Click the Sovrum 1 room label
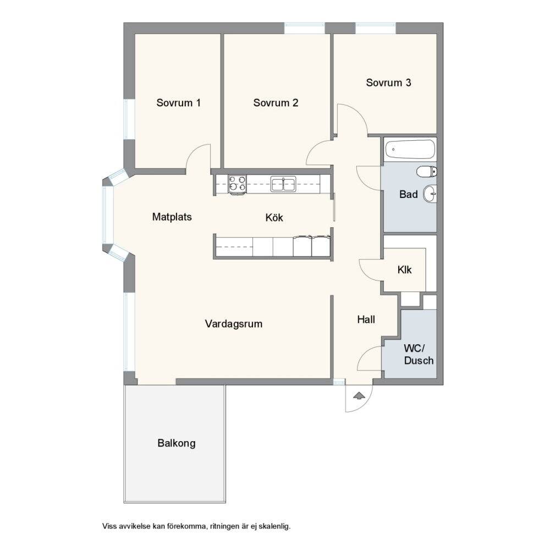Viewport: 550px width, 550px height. [x=179, y=103]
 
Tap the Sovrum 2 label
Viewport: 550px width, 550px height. [x=276, y=103]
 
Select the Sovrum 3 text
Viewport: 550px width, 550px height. [x=388, y=83]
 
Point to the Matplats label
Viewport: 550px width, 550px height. [x=172, y=217]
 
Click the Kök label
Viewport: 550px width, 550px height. [x=274, y=217]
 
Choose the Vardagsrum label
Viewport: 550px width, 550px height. [x=234, y=324]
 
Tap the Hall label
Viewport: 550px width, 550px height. [x=366, y=320]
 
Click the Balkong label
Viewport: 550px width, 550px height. [x=177, y=443]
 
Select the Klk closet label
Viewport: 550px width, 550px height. [x=404, y=269]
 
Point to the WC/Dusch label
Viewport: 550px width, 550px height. [x=419, y=355]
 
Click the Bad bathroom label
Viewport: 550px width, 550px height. [x=408, y=194]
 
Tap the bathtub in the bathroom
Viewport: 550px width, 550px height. [x=410, y=149]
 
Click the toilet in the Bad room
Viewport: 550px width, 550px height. [x=427, y=172]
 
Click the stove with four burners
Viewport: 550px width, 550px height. [x=237, y=184]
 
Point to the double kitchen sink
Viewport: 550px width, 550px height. [x=283, y=184]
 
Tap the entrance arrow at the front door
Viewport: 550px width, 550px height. [x=359, y=396]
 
